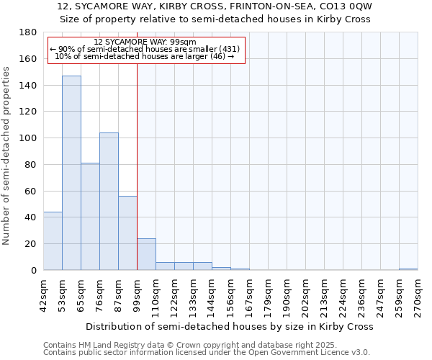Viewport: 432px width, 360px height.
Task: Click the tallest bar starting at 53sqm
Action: [71, 173]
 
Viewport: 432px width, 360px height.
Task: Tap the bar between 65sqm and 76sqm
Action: [90, 216]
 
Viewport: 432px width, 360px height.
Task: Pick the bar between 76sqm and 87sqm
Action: [109, 201]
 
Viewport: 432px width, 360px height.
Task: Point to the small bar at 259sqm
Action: [408, 269]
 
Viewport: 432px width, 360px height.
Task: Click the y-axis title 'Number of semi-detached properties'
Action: [7, 156]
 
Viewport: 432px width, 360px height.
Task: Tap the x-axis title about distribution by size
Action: [229, 326]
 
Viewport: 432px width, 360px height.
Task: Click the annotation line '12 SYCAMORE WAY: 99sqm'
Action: [145, 42]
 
